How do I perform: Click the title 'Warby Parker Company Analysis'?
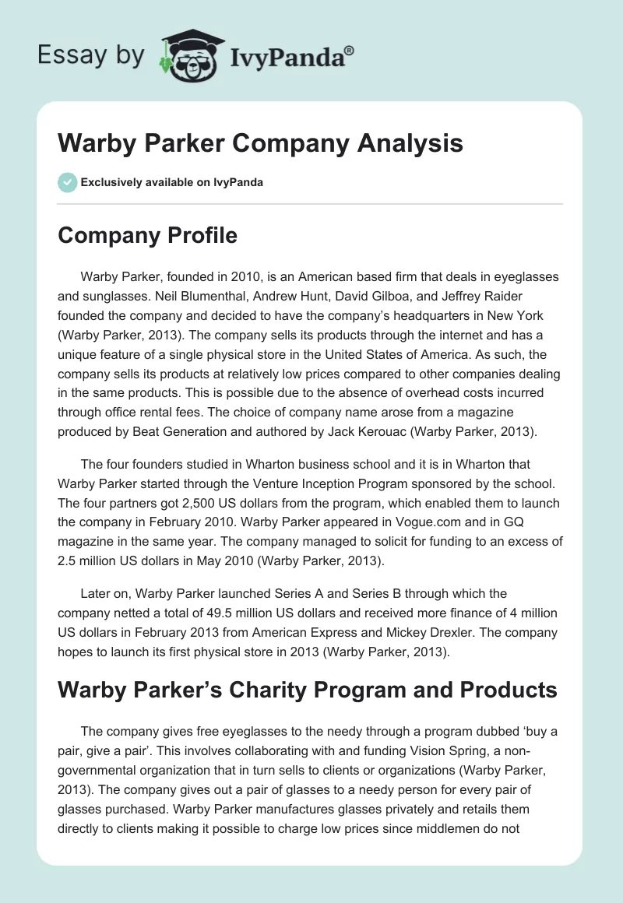[x=260, y=143]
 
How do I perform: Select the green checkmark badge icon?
[x=67, y=182]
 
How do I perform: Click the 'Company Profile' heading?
[x=147, y=234]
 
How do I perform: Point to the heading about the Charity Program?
[x=307, y=690]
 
